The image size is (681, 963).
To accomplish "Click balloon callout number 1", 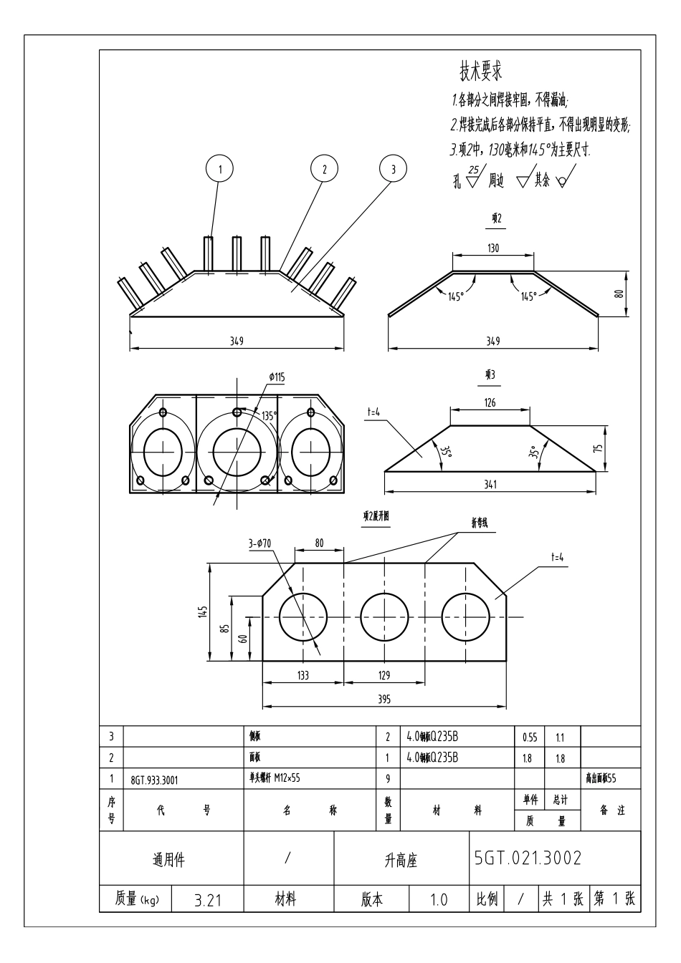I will click(221, 169).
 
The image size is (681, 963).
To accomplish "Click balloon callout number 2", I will click(324, 169).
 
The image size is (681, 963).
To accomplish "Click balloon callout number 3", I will click(393, 169).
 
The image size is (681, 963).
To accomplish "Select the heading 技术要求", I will click(480, 71).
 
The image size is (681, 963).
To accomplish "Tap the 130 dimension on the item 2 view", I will click(493, 248).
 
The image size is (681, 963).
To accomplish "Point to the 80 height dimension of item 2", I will click(620, 293).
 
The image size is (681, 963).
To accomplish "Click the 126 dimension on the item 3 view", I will click(490, 403).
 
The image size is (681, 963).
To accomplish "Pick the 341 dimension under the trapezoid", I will click(490, 485).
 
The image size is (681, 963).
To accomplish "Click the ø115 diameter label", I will click(277, 377).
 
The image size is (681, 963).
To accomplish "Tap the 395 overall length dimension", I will click(384, 700).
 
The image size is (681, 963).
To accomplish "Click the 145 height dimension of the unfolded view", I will click(203, 611).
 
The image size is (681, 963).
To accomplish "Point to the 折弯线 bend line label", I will click(479, 523).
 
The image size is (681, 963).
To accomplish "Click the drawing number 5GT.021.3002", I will click(528, 858).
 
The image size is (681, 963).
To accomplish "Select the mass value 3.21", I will click(208, 900).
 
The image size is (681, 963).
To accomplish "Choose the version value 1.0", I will click(438, 900).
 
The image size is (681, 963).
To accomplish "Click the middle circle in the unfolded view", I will click(384, 616).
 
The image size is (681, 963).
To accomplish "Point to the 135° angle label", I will click(269, 416).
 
